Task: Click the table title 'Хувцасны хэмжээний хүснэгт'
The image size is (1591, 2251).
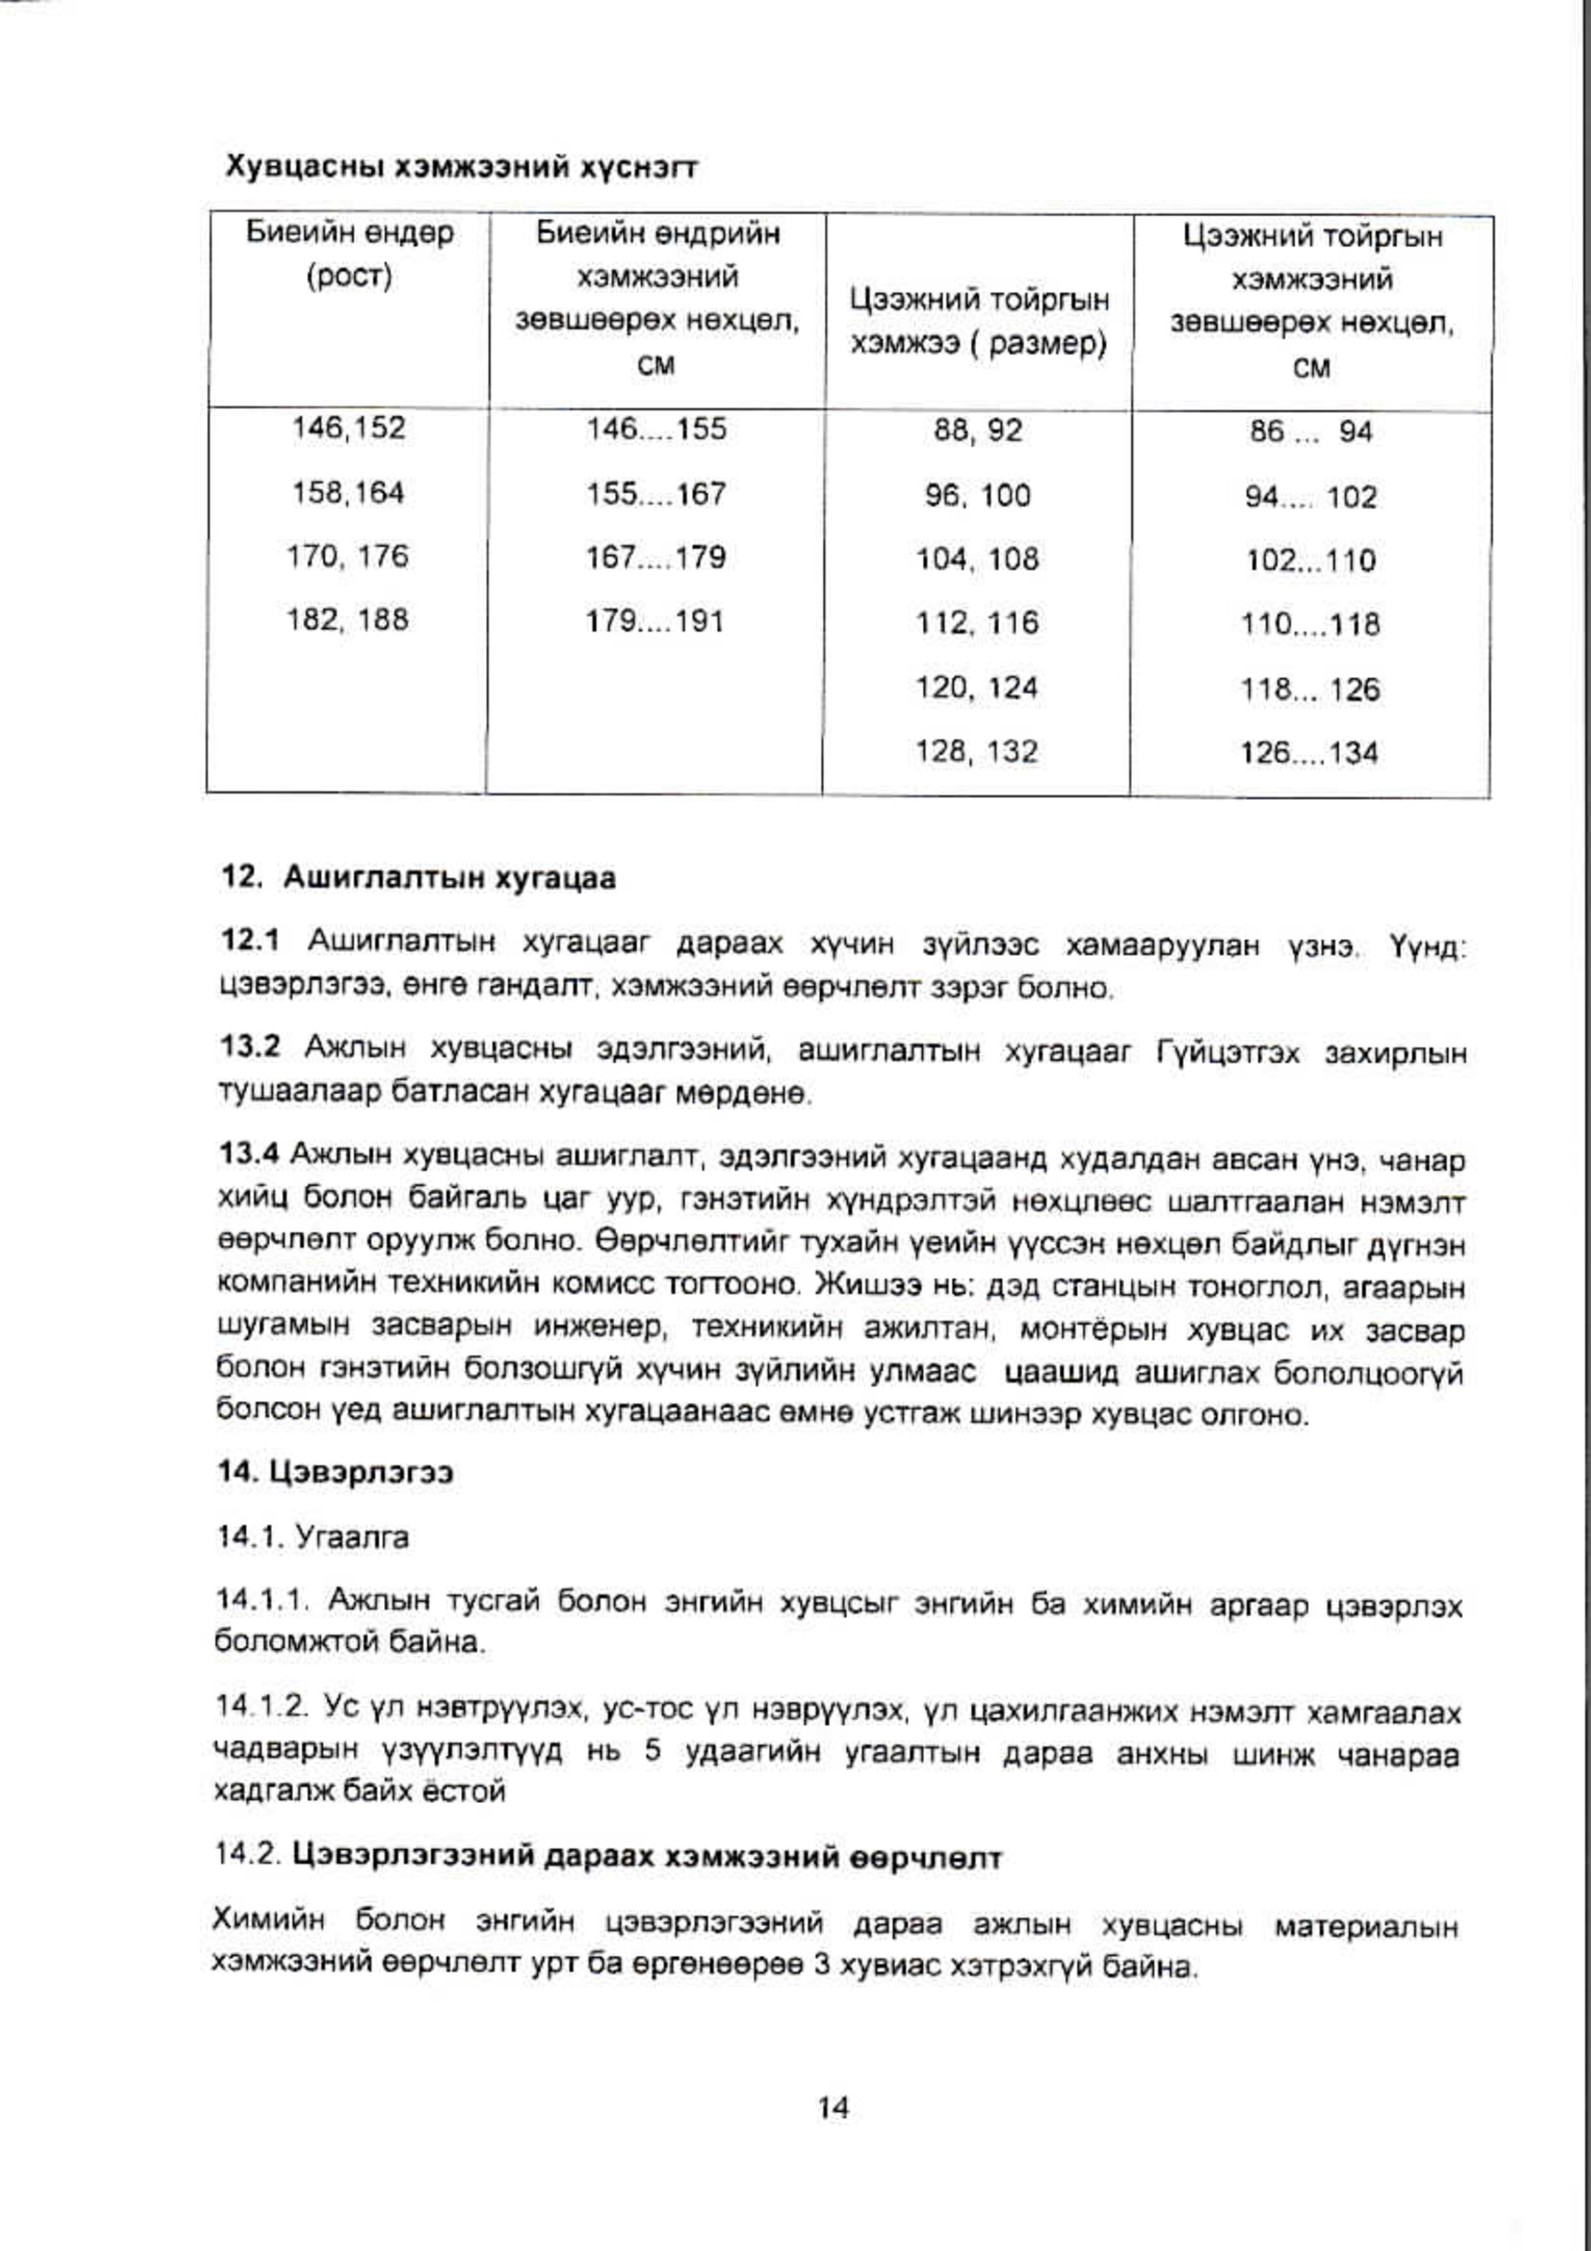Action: [x=461, y=167]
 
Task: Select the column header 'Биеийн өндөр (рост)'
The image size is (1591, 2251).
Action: [x=349, y=255]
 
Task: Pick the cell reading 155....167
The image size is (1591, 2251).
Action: [x=656, y=493]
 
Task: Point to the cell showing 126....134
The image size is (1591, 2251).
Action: [x=1310, y=753]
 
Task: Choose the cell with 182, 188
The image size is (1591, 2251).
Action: [x=347, y=621]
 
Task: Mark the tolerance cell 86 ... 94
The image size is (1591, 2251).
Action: [x=1311, y=431]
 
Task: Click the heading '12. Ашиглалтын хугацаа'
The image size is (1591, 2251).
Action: [x=420, y=877]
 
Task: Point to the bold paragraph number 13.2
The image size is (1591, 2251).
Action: [x=250, y=1047]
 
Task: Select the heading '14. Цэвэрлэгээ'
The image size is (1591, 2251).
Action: [x=335, y=1473]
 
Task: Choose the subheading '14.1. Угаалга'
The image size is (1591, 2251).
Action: [x=312, y=1537]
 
